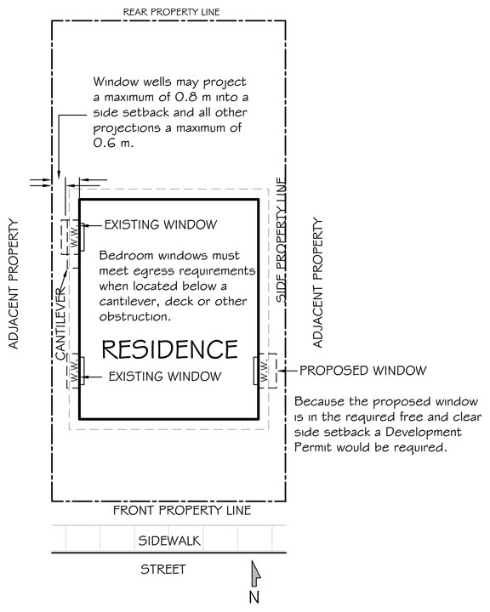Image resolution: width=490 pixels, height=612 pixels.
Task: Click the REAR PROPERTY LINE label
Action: [x=172, y=12]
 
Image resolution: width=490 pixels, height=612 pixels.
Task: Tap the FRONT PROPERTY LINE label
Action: [x=182, y=510]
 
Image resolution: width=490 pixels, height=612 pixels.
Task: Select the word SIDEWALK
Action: [x=169, y=541]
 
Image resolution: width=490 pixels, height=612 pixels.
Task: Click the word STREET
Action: [x=163, y=569]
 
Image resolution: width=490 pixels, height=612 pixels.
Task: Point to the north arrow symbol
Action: [x=255, y=574]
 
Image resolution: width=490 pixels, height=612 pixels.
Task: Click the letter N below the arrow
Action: [x=254, y=598]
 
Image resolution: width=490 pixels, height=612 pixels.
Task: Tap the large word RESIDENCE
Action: [x=169, y=349]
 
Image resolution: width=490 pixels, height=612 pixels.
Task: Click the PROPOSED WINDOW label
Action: [x=363, y=371]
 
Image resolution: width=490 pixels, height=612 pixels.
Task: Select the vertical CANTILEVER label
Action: [x=60, y=324]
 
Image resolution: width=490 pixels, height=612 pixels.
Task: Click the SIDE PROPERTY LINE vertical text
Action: [x=282, y=240]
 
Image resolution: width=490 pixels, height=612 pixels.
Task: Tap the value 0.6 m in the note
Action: [x=113, y=143]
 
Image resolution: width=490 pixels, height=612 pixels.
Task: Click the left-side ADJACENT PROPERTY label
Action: [x=14, y=284]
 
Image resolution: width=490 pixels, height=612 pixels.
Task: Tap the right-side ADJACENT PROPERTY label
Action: [x=318, y=282]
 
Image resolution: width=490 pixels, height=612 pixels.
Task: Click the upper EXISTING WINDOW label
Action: [x=161, y=224]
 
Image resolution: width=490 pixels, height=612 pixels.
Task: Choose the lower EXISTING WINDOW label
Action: [x=165, y=377]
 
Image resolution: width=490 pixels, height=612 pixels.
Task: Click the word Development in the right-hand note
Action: [x=424, y=432]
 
